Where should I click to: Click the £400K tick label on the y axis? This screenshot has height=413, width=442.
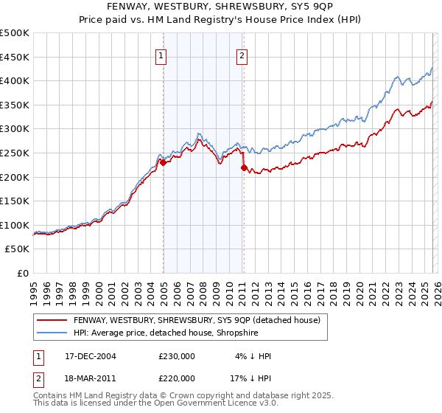click(15, 80)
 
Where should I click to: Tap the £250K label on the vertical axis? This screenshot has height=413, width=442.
click(15, 153)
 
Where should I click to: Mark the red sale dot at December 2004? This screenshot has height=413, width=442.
click(163, 162)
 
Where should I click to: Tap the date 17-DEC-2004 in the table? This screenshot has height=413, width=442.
click(96, 356)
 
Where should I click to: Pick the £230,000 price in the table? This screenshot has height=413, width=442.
click(177, 356)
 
